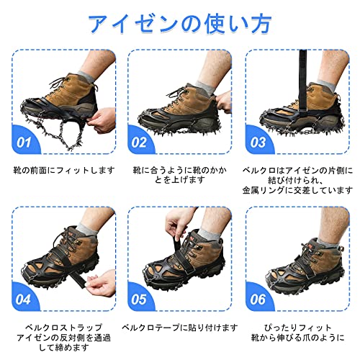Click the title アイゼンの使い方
(x=179, y=24)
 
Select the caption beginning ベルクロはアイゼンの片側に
(x=297, y=183)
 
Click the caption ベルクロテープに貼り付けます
(x=180, y=327)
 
